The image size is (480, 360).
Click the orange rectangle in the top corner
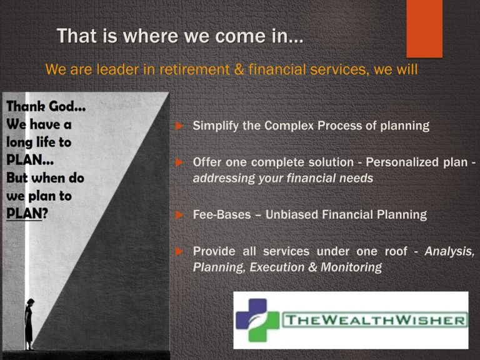[x=424, y=29]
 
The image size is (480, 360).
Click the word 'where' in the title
[x=151, y=36]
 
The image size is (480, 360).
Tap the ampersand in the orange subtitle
[x=239, y=69]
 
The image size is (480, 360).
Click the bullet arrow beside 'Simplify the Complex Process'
[x=179, y=126]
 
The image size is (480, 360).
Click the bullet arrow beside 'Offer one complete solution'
[x=179, y=162]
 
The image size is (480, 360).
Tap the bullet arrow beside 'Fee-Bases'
[x=179, y=215]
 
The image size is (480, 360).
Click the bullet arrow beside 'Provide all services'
[x=179, y=252]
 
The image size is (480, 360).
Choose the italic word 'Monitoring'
[x=351, y=267]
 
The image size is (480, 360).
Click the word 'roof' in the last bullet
[x=396, y=252]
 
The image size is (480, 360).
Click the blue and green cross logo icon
[x=257, y=320]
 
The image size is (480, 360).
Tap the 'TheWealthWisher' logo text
[x=375, y=320]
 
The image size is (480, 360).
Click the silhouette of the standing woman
[x=29, y=324]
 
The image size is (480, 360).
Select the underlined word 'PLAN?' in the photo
[x=27, y=213]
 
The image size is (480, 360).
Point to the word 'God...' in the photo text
[x=67, y=106]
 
